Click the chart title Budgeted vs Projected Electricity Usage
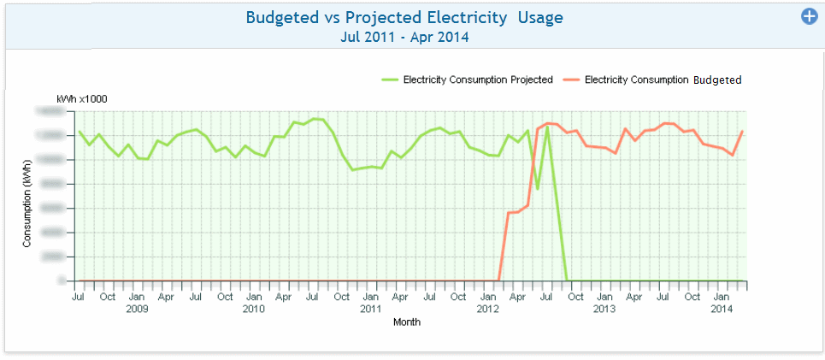(x=404, y=17)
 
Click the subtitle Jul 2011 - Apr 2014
(x=404, y=37)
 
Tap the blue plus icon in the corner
(x=809, y=16)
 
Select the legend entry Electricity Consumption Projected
(x=478, y=80)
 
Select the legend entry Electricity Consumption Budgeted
(x=663, y=80)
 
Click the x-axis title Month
(x=407, y=322)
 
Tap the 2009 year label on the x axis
(x=137, y=309)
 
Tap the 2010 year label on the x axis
(x=253, y=309)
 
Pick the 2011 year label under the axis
(x=370, y=309)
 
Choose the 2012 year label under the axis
(x=487, y=309)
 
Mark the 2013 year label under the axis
(x=604, y=309)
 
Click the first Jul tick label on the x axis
(x=78, y=297)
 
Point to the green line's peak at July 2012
(x=547, y=127)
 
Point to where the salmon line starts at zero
(x=498, y=280)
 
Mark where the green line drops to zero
(x=567, y=280)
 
